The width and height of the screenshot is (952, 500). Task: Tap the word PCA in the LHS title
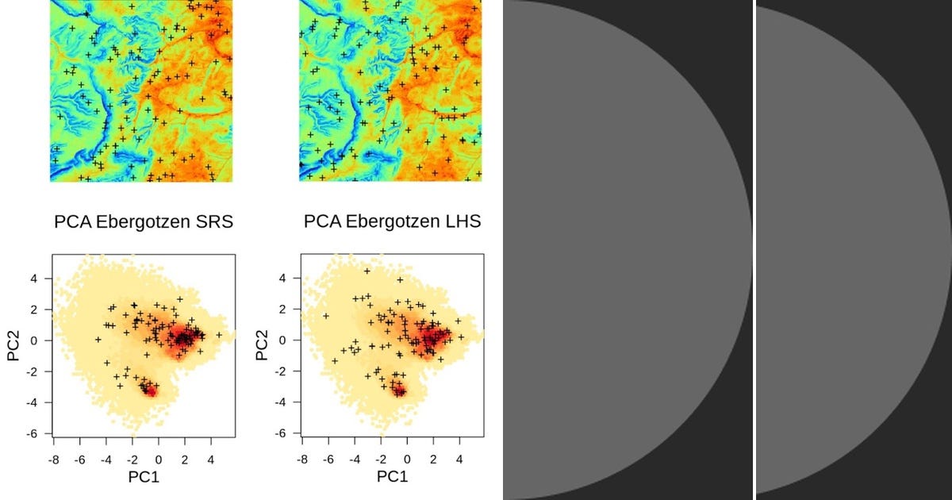(321, 222)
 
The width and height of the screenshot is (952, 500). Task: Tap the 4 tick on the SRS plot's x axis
(211, 460)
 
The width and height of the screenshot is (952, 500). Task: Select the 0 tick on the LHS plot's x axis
(408, 460)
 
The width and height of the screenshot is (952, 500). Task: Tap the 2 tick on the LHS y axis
(284, 310)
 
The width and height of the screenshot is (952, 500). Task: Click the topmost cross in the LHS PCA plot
(367, 271)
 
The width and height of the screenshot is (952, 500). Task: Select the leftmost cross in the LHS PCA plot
(326, 316)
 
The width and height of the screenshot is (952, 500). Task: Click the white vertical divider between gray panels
(754, 250)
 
